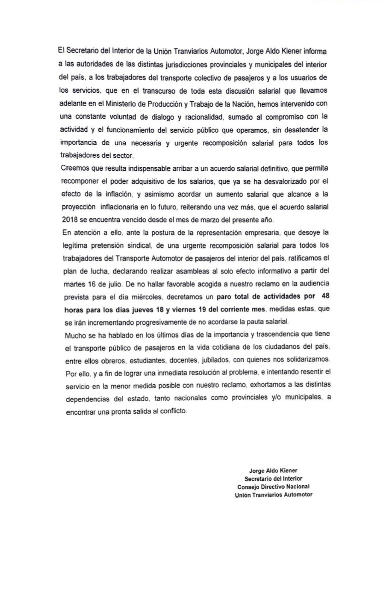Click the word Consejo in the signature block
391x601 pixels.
coord(250,486)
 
